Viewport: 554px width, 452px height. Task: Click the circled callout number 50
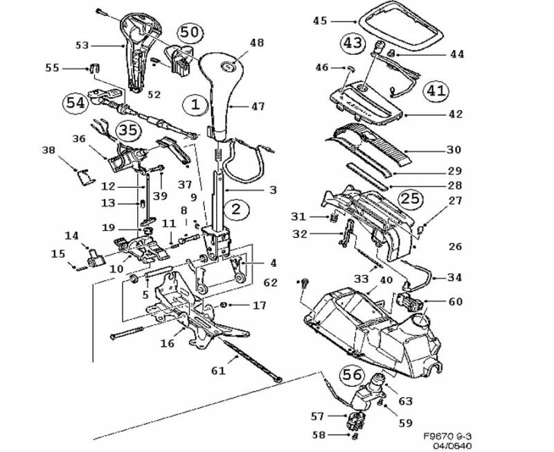190,33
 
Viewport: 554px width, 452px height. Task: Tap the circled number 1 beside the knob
196,105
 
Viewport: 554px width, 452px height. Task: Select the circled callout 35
128,130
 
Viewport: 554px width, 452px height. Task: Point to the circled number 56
352,375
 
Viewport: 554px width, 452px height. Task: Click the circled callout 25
411,198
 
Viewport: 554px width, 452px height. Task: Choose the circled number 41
436,91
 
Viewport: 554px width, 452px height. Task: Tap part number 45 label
320,21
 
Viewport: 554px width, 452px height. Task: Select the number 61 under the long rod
218,371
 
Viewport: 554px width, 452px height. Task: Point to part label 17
259,305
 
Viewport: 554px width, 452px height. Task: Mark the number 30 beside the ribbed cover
454,150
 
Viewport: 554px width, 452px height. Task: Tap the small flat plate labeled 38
85,176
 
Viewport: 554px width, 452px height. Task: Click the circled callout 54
75,103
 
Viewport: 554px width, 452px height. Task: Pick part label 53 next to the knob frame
82,46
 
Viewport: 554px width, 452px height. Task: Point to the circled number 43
352,43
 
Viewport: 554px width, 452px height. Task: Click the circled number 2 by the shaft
236,209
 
